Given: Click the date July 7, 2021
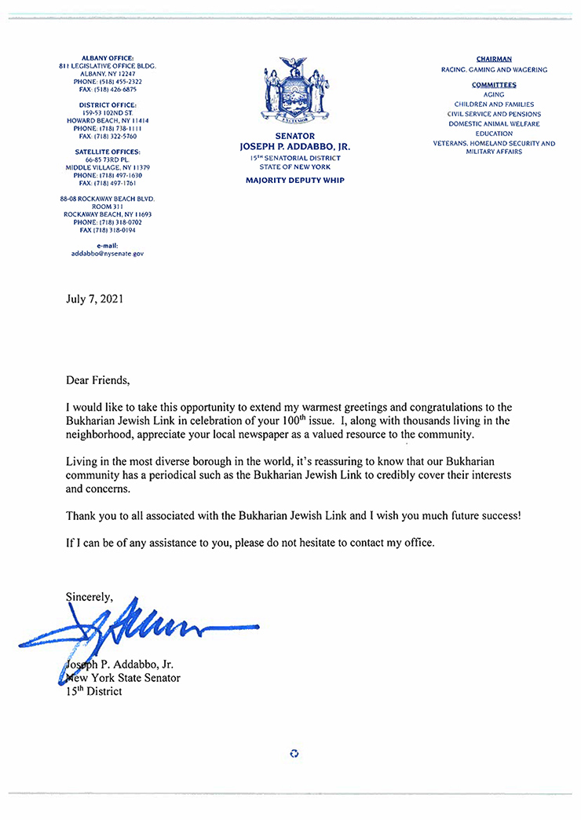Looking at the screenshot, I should [x=94, y=298].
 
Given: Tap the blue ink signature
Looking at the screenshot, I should [x=133, y=629].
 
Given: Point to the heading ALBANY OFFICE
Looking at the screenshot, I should [x=108, y=58].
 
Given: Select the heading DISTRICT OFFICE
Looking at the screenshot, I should [x=108, y=104].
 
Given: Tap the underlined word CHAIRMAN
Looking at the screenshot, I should [x=494, y=59].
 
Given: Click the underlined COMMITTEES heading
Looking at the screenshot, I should [x=494, y=85].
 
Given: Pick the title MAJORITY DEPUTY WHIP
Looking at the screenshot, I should [x=294, y=181].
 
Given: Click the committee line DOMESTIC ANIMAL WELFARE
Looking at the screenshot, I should [x=494, y=124].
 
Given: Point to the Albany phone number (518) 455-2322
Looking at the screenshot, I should [x=108, y=82].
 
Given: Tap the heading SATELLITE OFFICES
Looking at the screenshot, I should [x=108, y=152].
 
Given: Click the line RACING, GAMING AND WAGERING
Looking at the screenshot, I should [x=494, y=70].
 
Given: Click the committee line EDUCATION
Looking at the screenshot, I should [x=494, y=134].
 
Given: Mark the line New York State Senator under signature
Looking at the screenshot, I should [x=126, y=678].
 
